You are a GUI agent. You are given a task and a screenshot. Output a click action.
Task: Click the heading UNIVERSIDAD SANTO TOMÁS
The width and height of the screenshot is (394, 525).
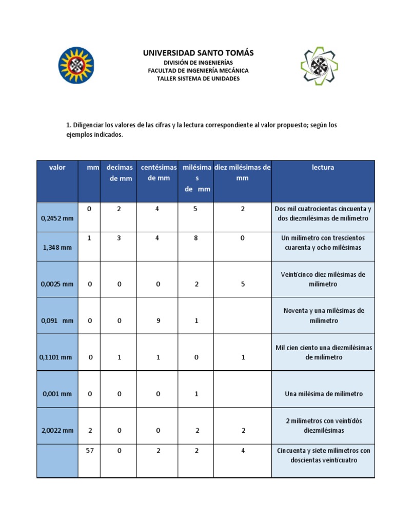click(x=198, y=53)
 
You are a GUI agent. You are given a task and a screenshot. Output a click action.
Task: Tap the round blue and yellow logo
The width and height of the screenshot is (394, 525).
click(x=76, y=65)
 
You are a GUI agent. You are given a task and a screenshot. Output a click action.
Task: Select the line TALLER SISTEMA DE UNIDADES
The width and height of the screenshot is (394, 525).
click(x=198, y=79)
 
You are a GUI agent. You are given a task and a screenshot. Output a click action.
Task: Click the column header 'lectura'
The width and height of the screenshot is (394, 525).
click(x=323, y=168)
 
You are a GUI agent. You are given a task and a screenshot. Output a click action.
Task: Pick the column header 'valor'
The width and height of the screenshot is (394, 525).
click(x=57, y=168)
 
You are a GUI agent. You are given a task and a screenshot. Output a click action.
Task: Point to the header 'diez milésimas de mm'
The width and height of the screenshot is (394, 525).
click(x=243, y=173)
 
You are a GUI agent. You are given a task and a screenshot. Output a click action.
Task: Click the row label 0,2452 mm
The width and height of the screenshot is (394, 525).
click(x=56, y=218)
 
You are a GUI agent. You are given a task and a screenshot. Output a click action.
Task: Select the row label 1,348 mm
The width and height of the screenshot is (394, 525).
click(x=56, y=248)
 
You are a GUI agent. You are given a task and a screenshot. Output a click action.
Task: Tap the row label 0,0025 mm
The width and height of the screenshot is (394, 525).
click(x=56, y=284)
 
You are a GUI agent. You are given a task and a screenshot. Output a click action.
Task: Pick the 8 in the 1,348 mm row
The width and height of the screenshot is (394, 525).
click(x=196, y=238)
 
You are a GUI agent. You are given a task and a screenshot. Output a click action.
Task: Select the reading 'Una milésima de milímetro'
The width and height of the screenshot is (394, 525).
click(x=323, y=394)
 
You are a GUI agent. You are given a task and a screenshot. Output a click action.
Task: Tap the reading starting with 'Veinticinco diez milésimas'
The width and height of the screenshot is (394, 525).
click(x=323, y=279)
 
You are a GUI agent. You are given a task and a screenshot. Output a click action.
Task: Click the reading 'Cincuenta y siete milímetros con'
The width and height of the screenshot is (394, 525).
click(x=323, y=451)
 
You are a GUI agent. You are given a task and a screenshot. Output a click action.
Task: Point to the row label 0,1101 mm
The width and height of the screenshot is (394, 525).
click(x=56, y=358)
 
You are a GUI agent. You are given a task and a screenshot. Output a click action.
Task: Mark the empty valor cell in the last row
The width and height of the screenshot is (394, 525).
click(x=57, y=461)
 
